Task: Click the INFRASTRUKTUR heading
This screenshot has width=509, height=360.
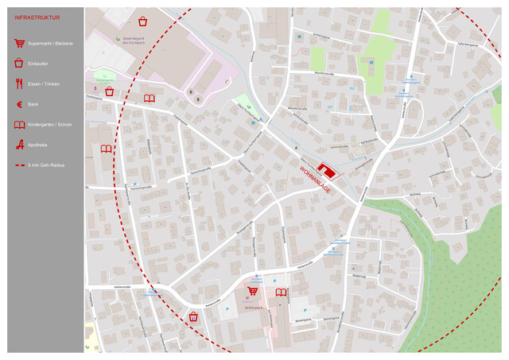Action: pos(37,17)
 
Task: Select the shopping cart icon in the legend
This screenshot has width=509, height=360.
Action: pos(18,44)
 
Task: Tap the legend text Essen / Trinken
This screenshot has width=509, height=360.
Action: pos(43,83)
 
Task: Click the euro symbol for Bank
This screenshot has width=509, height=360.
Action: pos(18,104)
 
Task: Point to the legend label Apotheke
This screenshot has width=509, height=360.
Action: pos(38,145)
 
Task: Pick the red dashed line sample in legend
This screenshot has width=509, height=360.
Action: pos(18,165)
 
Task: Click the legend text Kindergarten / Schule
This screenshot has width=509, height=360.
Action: pos(49,125)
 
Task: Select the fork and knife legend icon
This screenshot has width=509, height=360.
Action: pos(18,83)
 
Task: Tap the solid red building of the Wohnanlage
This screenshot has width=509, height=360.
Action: pos(326,169)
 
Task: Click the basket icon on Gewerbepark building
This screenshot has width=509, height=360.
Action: pos(142,21)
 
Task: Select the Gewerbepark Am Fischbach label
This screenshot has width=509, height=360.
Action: pos(133,42)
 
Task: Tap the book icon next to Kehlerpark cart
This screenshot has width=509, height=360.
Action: pos(280,293)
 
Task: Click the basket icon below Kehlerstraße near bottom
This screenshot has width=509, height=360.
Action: pos(192,316)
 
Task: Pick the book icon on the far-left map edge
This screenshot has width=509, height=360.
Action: pos(107,149)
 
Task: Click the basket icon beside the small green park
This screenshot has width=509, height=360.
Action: pos(109,92)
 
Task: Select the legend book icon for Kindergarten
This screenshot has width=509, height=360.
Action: pos(18,125)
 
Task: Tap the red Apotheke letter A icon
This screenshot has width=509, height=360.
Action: pos(18,145)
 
